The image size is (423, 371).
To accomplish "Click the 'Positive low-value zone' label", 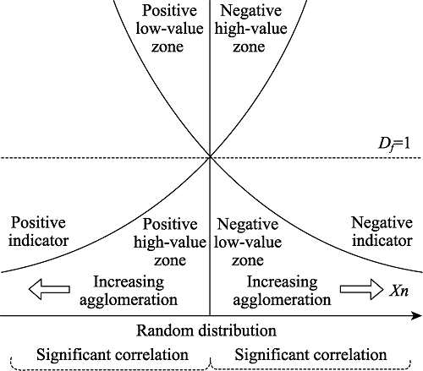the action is [x=169, y=28].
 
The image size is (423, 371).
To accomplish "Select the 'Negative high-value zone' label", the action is [x=250, y=28].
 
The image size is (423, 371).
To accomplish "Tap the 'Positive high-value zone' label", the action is [x=170, y=242].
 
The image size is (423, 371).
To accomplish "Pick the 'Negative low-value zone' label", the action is [x=248, y=242].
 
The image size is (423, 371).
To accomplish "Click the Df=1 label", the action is [x=394, y=144].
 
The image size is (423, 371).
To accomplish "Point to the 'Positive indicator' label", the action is [x=38, y=232].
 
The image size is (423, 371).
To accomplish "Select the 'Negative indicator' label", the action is [x=382, y=232].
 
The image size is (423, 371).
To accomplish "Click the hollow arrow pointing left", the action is [x=49, y=289].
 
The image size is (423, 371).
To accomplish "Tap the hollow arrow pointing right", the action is [x=361, y=289].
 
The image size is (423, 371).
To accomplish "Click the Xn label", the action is [x=398, y=291].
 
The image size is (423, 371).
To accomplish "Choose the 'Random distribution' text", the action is [x=206, y=330].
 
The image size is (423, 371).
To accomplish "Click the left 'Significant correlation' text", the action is [x=113, y=354].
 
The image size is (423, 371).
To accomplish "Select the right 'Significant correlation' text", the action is [x=310, y=354].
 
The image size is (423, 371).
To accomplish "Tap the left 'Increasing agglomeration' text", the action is [x=129, y=291].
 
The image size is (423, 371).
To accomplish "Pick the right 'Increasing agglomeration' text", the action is [x=282, y=291].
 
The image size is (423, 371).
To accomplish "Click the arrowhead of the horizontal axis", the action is [x=417, y=316].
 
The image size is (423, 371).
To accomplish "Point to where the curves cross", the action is [x=210, y=157].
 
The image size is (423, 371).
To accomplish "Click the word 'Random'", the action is [x=162, y=330].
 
